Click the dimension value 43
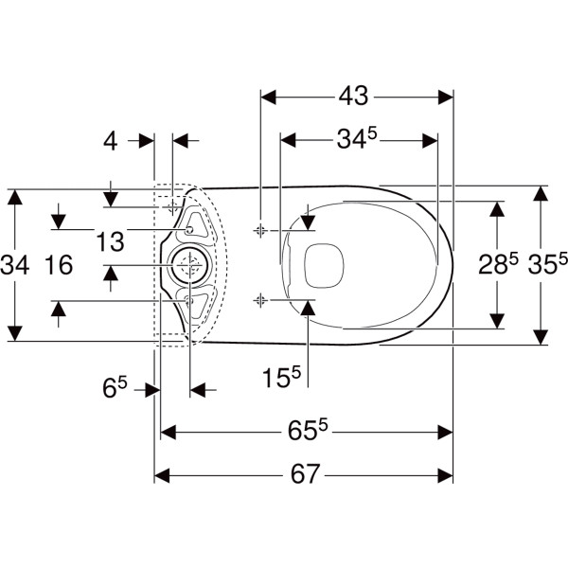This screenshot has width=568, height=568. [353, 97]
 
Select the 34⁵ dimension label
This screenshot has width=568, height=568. [357, 138]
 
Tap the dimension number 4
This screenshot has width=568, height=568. [111, 141]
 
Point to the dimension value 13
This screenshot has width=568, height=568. [110, 241]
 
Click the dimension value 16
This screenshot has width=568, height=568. [59, 265]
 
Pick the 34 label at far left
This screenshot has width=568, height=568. [15, 265]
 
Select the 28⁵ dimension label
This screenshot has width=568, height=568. [499, 264]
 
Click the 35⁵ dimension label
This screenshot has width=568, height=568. [547, 264]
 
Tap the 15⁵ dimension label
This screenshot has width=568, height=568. [281, 377]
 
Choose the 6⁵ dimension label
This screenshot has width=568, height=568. [115, 387]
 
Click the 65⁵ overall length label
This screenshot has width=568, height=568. [308, 431]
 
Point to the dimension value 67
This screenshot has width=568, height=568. [306, 474]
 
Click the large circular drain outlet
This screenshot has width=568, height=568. [189, 265]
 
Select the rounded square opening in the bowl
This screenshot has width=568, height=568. [324, 265]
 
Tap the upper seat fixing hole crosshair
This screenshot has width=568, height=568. [260, 230]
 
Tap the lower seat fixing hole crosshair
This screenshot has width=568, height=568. [260, 300]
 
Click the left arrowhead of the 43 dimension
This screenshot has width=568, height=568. [269, 98]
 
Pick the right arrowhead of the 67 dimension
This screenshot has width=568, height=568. [446, 475]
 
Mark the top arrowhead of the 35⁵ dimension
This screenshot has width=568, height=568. [541, 193]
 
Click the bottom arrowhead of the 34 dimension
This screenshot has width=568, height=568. [15, 333]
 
